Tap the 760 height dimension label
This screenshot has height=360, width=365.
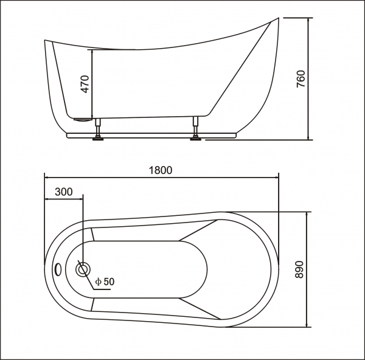(301, 79)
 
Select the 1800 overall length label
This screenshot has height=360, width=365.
(161, 170)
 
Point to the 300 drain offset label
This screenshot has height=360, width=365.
(63, 192)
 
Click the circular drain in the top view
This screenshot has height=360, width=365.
(82, 269)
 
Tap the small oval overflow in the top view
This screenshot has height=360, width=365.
(58, 268)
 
